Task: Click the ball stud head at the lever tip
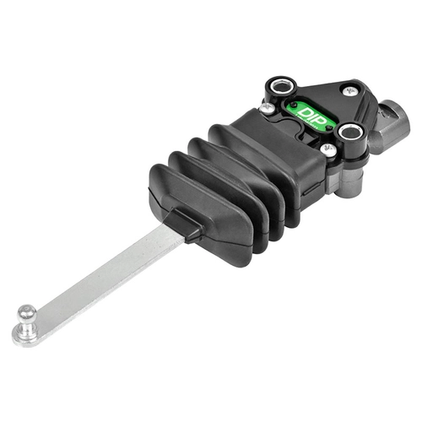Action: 27,312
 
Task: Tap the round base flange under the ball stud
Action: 24,335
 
